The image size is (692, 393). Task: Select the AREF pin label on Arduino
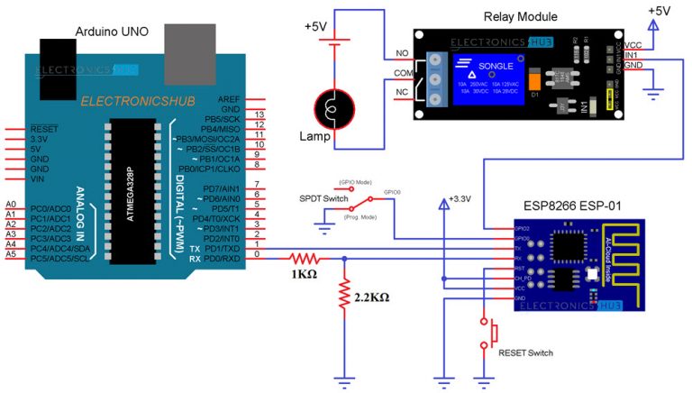point(229,98)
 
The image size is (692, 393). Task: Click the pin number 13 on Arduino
point(259,116)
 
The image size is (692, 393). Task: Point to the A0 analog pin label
point(11,205)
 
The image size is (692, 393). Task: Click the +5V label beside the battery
point(316,27)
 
